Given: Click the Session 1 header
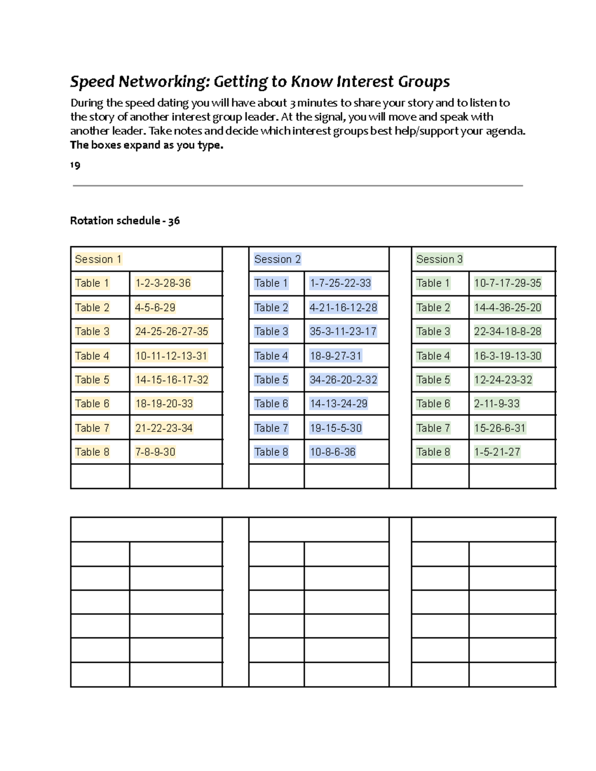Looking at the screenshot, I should (98, 259).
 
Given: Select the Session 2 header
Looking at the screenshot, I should (277, 259).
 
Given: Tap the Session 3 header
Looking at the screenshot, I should (439, 259).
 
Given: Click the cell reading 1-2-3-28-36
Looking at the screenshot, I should (163, 283).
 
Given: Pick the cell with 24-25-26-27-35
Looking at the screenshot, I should (171, 331).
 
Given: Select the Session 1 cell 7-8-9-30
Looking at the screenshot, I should (155, 452).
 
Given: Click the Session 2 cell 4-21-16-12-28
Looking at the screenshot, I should (343, 307).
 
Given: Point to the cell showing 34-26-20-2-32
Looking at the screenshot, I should (343, 380).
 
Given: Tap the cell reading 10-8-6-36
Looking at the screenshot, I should (332, 452).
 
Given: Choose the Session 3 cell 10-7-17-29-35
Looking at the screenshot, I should (507, 283).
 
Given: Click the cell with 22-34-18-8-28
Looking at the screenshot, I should (507, 331).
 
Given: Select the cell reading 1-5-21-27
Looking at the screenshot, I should (497, 452).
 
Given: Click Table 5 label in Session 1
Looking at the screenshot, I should (92, 380).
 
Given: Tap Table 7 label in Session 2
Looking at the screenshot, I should (271, 428).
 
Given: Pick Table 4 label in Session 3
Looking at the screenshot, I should (433, 355).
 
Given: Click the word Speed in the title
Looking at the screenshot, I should (92, 81).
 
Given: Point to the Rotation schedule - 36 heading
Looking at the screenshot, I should (125, 220).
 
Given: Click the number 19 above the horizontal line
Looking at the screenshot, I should (75, 165).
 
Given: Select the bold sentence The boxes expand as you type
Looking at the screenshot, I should (147, 145).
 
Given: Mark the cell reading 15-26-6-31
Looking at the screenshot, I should (500, 428).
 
